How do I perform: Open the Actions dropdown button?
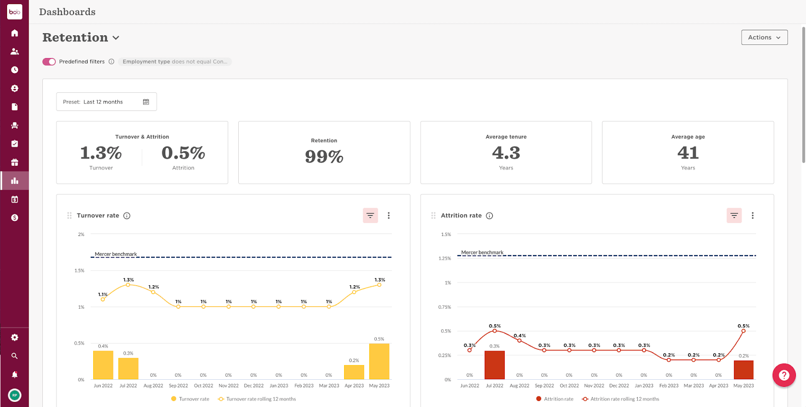click(764, 37)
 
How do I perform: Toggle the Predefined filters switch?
click(49, 62)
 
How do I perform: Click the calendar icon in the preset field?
click(146, 102)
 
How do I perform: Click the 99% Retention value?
click(324, 156)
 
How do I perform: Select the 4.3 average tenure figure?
click(506, 153)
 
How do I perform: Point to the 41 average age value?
click(688, 153)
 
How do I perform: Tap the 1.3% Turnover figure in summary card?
click(101, 153)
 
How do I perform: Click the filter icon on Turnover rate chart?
click(370, 215)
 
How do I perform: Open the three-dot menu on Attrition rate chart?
click(753, 215)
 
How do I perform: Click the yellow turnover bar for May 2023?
click(379, 362)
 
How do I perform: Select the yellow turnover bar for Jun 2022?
click(103, 365)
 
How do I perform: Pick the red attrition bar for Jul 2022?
click(494, 365)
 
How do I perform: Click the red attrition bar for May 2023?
click(744, 370)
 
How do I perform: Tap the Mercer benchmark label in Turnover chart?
click(116, 254)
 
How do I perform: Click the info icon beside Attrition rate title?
click(489, 215)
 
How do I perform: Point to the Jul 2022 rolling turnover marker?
click(128, 285)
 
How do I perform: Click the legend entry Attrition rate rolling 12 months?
click(624, 399)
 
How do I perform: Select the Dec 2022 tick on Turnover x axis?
click(253, 386)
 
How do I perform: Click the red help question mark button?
click(784, 375)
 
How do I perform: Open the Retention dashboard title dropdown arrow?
click(116, 38)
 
